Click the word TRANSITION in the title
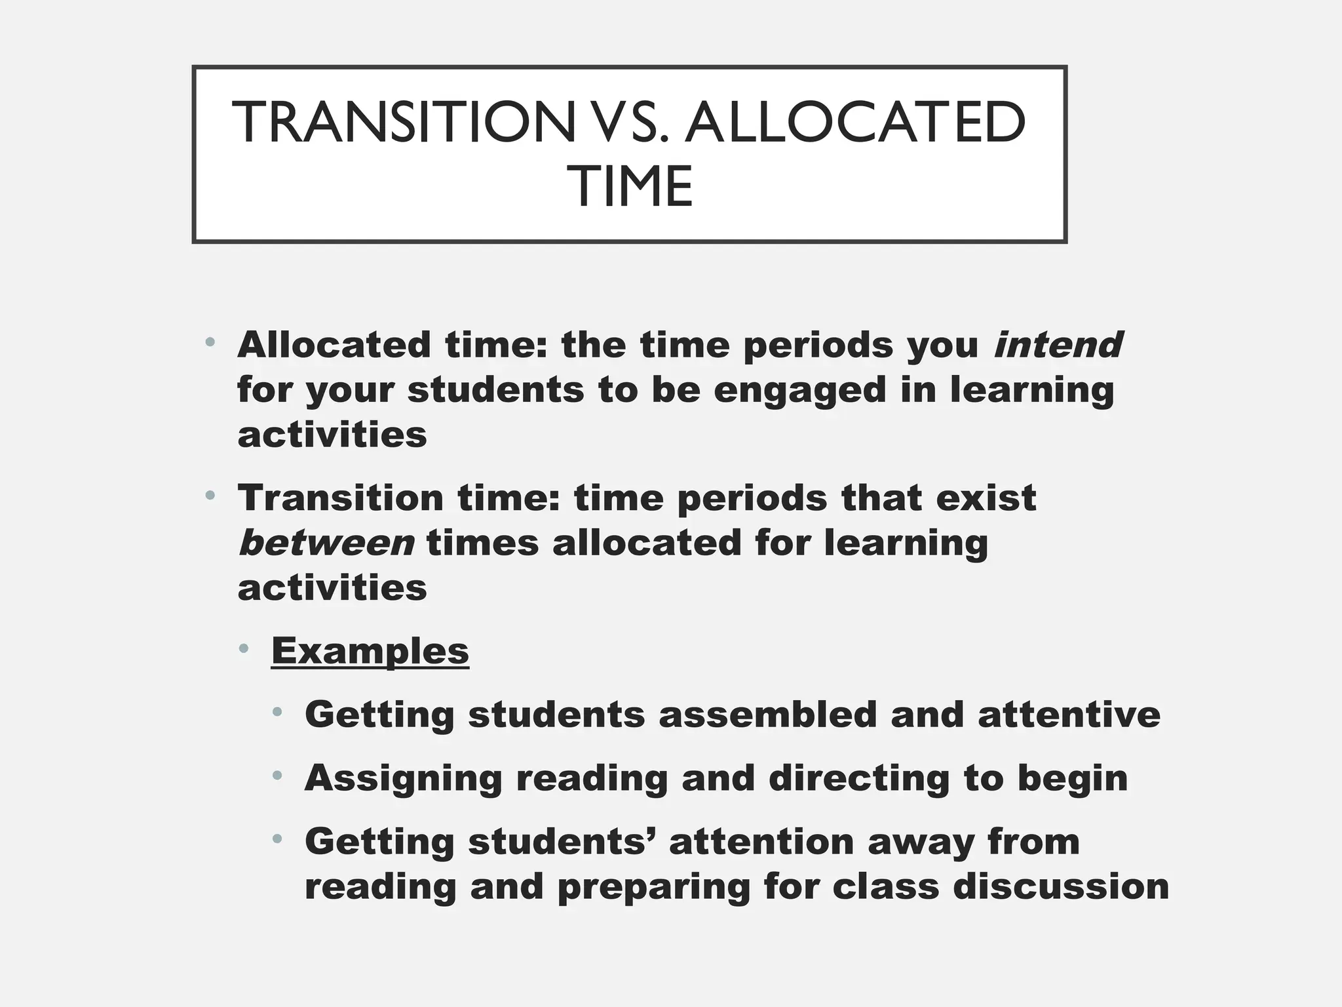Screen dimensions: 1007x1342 tap(403, 123)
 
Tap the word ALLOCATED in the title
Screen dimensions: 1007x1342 tap(854, 123)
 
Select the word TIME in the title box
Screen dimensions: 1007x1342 tap(633, 187)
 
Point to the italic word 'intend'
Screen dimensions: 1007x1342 tap(1058, 345)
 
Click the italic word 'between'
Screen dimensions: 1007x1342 tap(326, 543)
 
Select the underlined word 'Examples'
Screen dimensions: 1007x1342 tap(370, 650)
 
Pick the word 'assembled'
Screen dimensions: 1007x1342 tap(767, 714)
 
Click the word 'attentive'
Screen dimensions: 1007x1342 tap(1069, 714)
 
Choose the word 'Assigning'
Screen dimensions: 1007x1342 tap(404, 778)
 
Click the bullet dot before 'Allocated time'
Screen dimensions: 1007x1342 tap(210, 342)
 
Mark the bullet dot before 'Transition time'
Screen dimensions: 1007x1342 tap(210, 496)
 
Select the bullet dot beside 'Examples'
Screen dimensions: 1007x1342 tap(244, 649)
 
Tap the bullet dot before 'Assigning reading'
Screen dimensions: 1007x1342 tap(278, 776)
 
